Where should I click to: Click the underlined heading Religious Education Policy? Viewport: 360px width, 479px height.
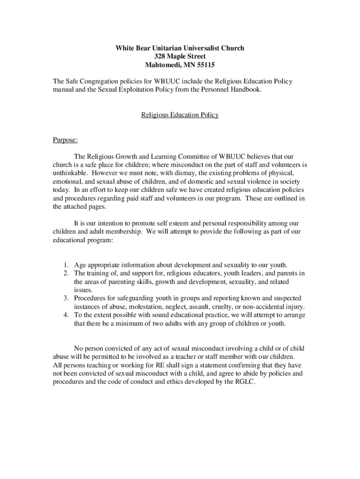[x=180, y=115]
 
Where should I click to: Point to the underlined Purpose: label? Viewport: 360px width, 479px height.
[x=65, y=140]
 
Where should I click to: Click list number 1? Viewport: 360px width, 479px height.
[x=67, y=265]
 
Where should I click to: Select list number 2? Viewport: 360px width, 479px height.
[x=67, y=273]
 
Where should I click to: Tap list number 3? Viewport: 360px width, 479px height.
[x=67, y=298]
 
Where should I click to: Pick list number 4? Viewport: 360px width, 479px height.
[x=67, y=315]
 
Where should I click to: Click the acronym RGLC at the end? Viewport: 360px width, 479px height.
[x=243, y=382]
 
